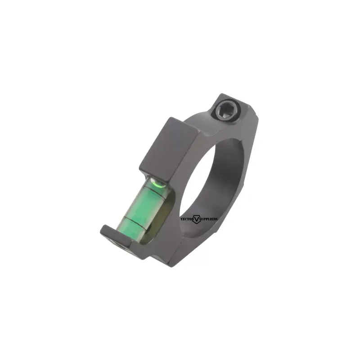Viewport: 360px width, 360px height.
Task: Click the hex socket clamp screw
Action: [x=229, y=111]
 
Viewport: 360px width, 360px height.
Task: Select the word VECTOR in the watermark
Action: [x=187, y=219]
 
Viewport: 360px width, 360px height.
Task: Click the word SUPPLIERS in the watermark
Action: [x=208, y=219]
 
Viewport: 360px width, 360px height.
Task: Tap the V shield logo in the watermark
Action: [x=197, y=219]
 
